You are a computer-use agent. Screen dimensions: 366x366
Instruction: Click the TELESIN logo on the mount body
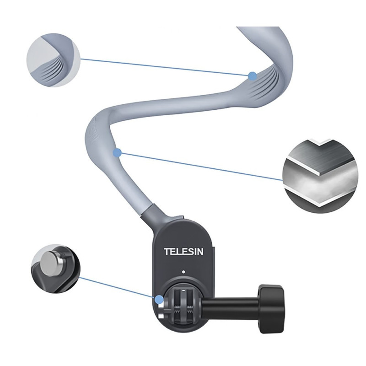184,251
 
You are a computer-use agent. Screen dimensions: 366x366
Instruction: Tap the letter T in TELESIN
167,251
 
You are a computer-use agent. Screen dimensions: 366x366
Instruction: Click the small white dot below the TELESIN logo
183,272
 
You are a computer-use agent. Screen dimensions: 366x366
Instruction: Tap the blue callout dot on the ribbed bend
252,76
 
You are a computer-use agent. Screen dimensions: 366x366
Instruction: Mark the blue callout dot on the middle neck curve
118,153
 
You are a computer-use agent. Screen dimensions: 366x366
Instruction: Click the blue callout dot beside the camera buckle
159,300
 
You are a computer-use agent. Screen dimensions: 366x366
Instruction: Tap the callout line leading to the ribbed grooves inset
165,67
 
